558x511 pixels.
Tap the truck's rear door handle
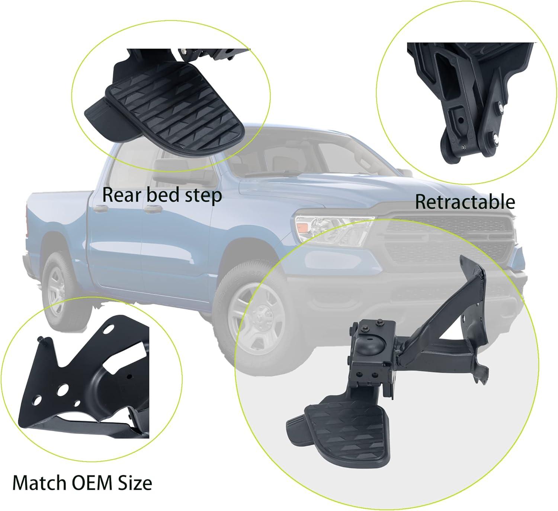(100, 208)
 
